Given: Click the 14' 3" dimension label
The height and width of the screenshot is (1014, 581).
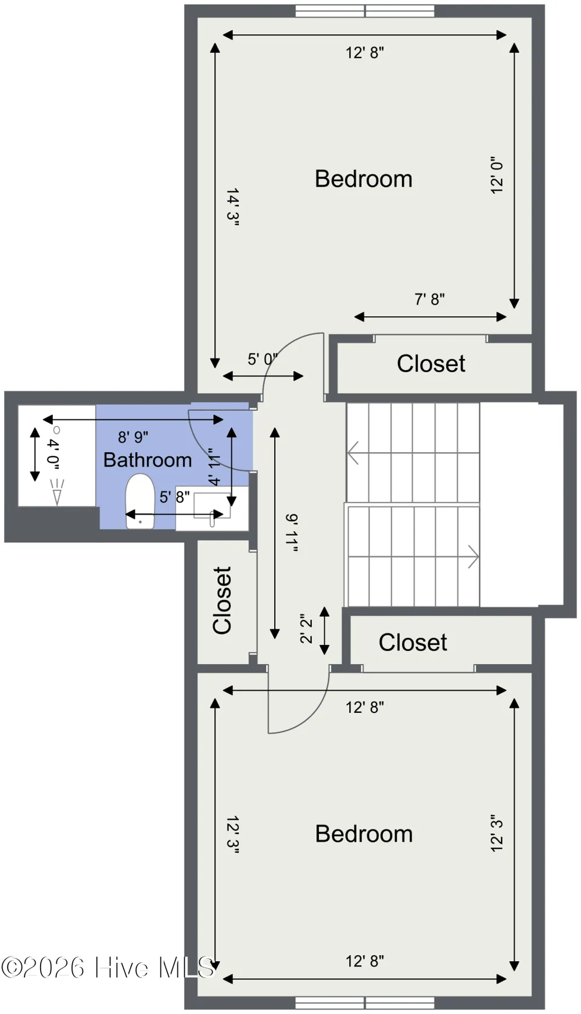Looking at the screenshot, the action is click(233, 206).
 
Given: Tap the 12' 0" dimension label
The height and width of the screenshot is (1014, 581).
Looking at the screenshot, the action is click(496, 175).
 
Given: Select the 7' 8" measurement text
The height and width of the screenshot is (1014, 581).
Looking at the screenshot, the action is click(429, 299).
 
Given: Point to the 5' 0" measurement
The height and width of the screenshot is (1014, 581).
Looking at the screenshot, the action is click(263, 359).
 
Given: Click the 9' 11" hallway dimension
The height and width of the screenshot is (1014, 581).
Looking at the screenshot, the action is click(291, 533).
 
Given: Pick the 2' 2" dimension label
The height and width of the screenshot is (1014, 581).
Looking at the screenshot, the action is click(306, 629).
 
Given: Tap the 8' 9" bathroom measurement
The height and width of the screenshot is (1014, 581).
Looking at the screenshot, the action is click(133, 437).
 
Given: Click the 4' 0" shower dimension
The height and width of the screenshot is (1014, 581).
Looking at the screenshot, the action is click(53, 454).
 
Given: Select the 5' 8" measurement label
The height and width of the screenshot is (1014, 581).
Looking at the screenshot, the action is click(175, 497).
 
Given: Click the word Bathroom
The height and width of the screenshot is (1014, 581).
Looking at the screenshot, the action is click(148, 460).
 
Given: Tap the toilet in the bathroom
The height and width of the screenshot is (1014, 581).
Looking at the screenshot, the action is click(140, 501).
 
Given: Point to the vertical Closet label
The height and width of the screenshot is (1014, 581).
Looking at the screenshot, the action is click(223, 600).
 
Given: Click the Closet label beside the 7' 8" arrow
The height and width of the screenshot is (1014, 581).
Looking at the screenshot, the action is click(431, 364).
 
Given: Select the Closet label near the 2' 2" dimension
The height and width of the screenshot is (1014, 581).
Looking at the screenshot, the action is click(413, 643).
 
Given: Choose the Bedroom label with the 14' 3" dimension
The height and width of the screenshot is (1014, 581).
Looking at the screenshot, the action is click(364, 179).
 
